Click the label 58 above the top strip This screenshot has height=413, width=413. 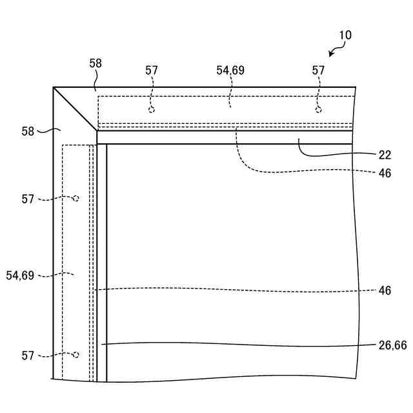(96, 63)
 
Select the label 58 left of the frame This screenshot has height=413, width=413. (28, 131)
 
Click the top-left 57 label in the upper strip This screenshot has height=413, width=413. (152, 70)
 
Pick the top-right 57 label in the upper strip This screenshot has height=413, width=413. (318, 70)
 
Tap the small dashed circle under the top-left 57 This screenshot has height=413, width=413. (152, 110)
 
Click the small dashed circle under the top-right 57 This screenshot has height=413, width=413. (318, 110)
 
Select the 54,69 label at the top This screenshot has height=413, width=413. (230, 70)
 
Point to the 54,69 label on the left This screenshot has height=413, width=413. (20, 276)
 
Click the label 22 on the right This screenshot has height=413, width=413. (385, 155)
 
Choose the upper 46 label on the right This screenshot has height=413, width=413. (385, 173)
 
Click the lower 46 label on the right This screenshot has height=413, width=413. (385, 291)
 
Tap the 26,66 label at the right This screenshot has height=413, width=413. (392, 345)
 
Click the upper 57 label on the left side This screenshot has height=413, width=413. (28, 199)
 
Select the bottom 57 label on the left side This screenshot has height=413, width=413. (28, 356)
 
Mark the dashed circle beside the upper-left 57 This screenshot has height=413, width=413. (76, 198)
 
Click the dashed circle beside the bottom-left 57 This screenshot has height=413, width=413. (76, 354)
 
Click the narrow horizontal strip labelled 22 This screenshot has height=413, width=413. (226, 137)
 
